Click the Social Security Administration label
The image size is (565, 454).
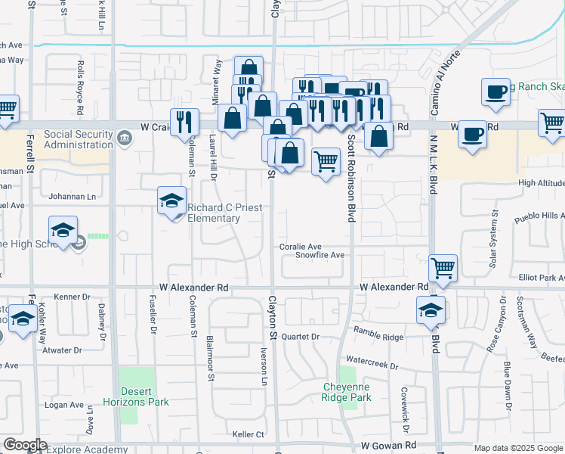click(x=79, y=140)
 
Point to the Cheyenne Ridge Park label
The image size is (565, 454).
click(x=346, y=392)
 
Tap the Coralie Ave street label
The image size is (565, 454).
click(x=301, y=247)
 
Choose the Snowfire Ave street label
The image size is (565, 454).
click(x=320, y=256)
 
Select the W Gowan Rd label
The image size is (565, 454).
click(x=389, y=447)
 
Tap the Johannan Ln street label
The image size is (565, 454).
click(x=73, y=197)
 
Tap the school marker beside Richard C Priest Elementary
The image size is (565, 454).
click(x=172, y=201)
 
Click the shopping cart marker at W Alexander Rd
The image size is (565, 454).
click(x=443, y=269)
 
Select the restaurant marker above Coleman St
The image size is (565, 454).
click(x=184, y=122)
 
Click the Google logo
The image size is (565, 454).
click(x=24, y=446)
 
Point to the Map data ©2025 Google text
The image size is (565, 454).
click(x=518, y=448)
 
